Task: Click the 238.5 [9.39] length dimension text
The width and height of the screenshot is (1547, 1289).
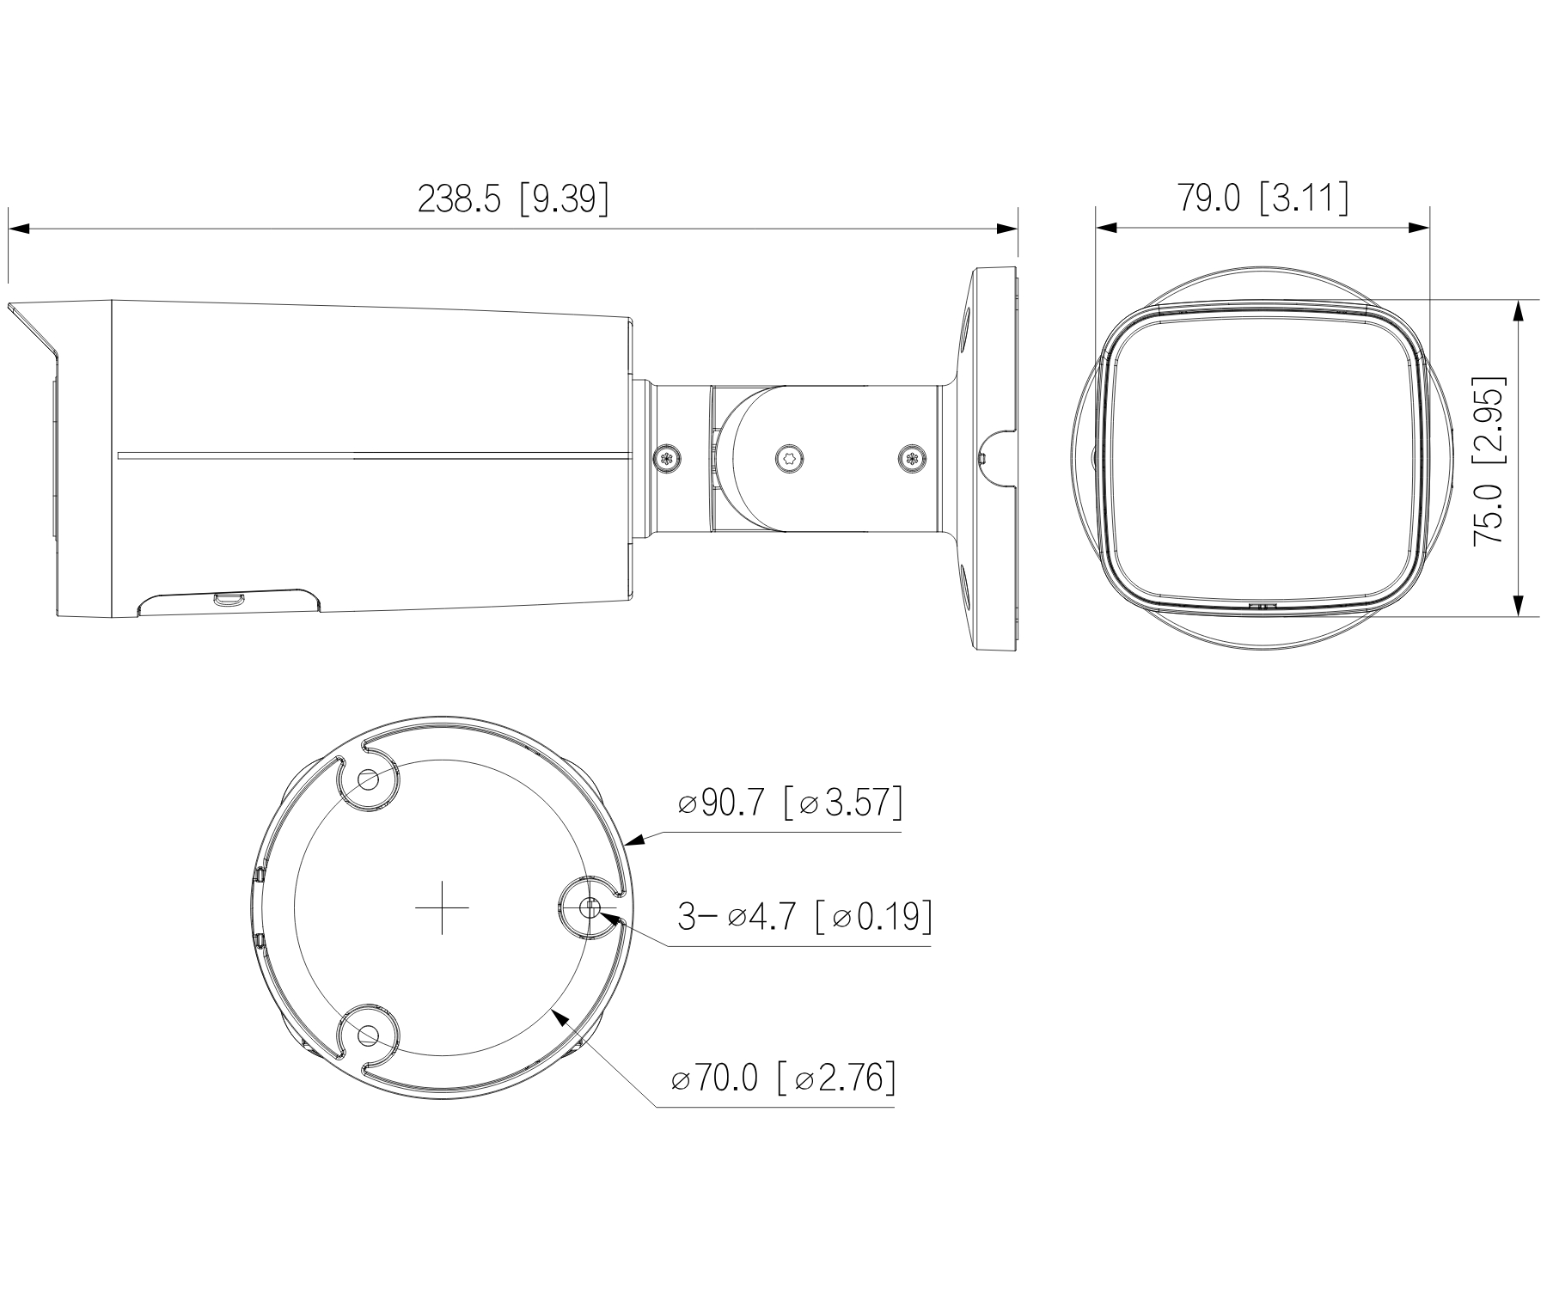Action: point(513,199)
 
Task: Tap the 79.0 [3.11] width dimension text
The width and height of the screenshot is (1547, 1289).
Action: point(1262,198)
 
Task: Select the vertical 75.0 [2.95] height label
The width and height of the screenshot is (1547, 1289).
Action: point(1489,460)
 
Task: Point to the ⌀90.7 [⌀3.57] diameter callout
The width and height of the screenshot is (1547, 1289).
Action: point(790,804)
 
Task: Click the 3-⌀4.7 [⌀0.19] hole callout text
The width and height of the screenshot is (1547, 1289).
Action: point(805,917)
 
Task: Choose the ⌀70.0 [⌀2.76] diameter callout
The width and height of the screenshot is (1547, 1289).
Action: point(783,1078)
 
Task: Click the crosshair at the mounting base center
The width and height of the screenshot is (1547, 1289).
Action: point(442,907)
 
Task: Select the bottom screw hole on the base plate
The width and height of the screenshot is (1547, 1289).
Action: point(369,1035)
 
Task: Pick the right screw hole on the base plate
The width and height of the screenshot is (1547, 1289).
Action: point(590,907)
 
